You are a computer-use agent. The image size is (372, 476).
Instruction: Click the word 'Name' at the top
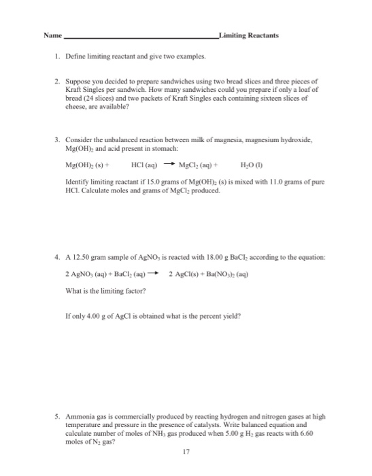[x=52, y=35]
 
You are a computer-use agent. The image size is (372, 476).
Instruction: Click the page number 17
[x=185, y=451]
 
